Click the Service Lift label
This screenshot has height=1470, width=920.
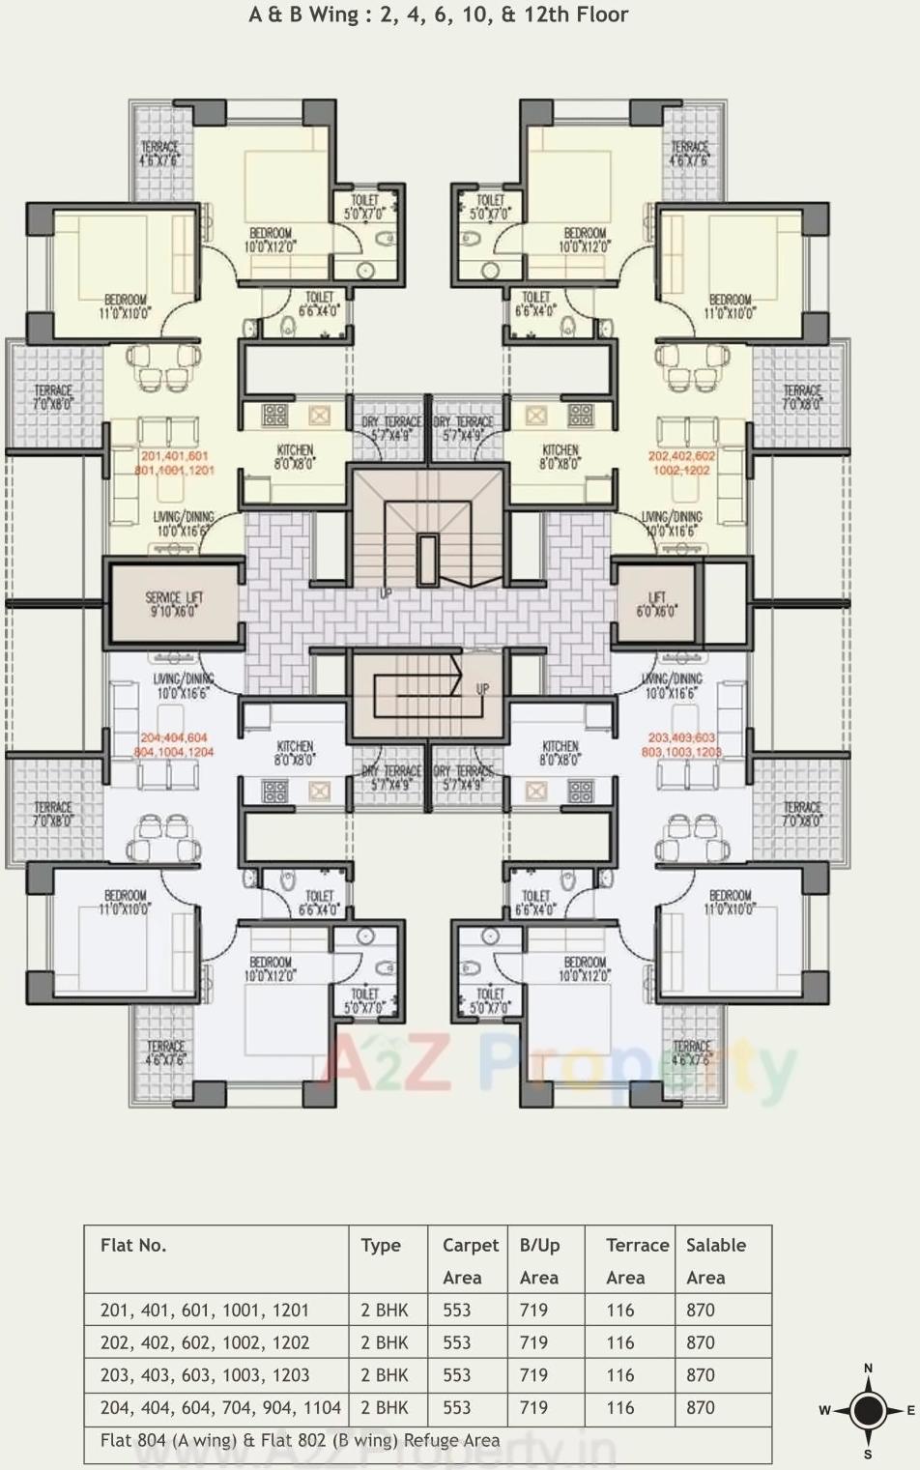(x=175, y=604)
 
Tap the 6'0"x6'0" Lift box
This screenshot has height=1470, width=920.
(x=657, y=604)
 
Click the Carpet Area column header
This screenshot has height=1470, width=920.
(x=470, y=1260)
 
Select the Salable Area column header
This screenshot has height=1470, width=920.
(x=715, y=1260)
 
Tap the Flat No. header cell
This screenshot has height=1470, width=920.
(x=133, y=1245)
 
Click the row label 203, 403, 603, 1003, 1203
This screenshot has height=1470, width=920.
(x=205, y=1375)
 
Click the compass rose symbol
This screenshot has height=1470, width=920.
(x=868, y=1410)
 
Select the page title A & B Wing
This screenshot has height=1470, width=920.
(x=439, y=14)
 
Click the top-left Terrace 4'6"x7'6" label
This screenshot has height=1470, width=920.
(x=159, y=153)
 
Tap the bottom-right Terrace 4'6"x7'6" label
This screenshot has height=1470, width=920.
(x=691, y=1053)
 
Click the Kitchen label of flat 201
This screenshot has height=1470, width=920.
(x=295, y=456)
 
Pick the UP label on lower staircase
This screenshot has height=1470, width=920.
(x=482, y=689)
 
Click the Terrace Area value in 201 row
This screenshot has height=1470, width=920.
(x=620, y=1311)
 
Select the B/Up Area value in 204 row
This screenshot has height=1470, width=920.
(x=533, y=1408)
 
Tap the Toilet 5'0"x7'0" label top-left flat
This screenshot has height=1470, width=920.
(x=365, y=207)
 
